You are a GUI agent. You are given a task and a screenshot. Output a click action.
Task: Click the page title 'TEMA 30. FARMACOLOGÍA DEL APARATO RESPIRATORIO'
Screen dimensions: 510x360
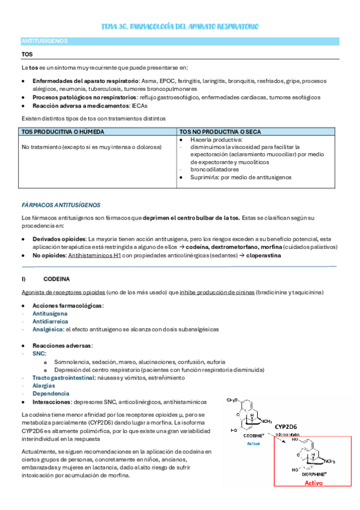(x=180, y=28)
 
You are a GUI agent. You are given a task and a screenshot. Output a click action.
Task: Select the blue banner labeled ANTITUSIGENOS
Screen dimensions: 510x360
(x=44, y=41)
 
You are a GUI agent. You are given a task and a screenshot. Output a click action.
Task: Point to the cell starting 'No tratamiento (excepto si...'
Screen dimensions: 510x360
(x=91, y=147)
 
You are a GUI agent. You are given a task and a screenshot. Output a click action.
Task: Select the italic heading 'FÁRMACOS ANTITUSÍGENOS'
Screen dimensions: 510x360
(x=61, y=204)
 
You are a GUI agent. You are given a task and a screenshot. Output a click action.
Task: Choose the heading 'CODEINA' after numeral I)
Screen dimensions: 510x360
(x=56, y=279)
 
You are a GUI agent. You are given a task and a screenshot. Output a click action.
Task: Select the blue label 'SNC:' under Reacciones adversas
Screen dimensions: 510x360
(x=39, y=354)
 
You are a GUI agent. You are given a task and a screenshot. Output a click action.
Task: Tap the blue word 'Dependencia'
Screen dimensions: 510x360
(x=50, y=393)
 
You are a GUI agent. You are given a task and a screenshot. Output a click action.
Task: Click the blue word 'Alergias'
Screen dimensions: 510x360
(x=44, y=386)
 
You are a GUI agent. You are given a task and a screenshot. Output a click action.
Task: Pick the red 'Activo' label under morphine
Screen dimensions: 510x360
(x=313, y=482)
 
